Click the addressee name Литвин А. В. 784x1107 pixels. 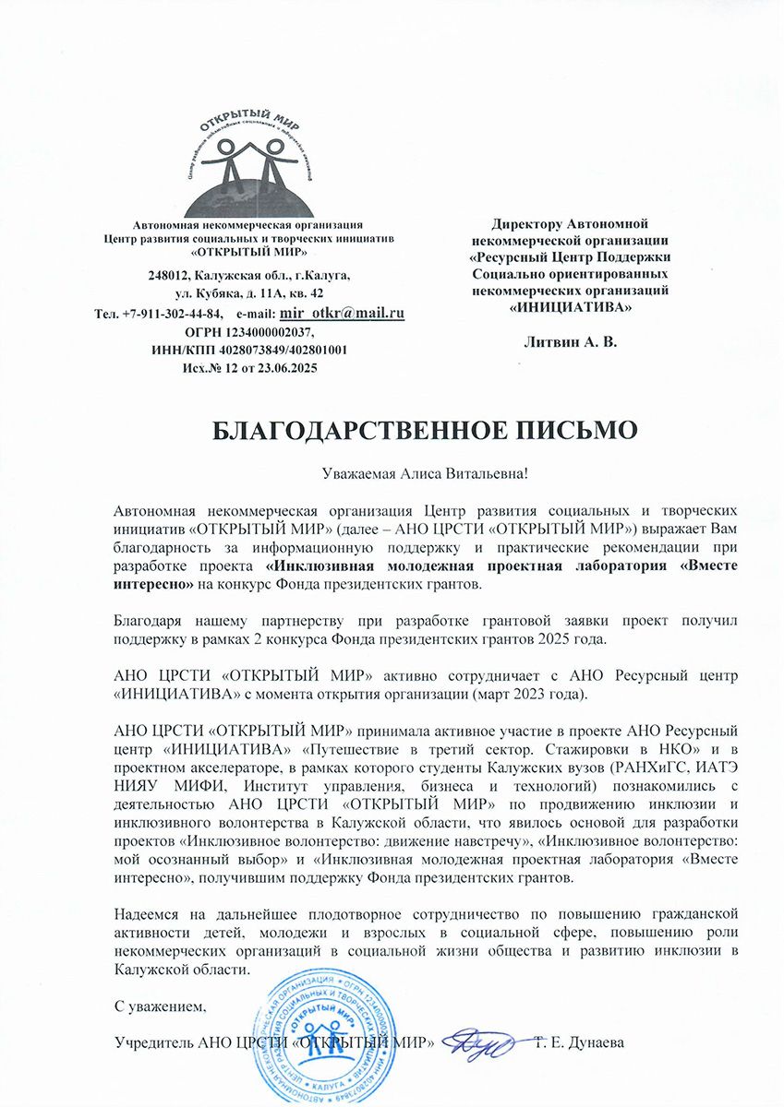pyautogui.click(x=570, y=341)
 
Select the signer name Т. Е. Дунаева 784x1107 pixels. pyautogui.click(x=581, y=1043)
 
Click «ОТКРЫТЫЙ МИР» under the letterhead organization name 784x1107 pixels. pyautogui.click(x=248, y=252)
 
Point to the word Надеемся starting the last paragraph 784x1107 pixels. pyautogui.click(x=148, y=914)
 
